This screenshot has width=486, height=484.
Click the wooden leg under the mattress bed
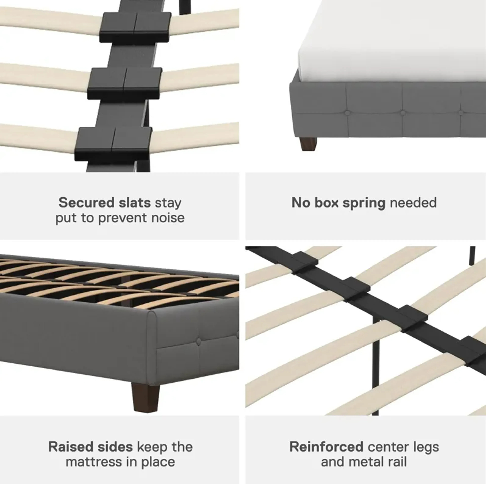click(308, 144)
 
